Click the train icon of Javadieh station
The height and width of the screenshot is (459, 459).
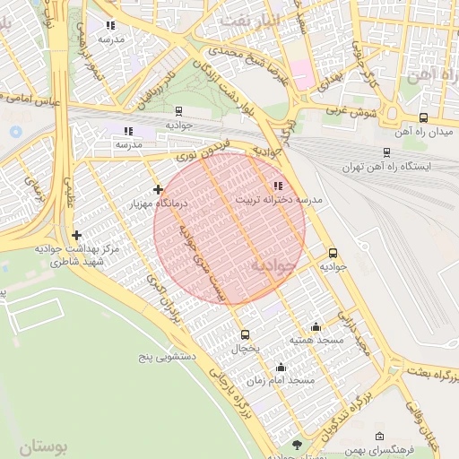pyautogui.click(x=179, y=112)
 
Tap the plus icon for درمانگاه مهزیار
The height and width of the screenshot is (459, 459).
pyautogui.click(x=159, y=189)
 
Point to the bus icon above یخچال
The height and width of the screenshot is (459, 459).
pyautogui.click(x=246, y=333)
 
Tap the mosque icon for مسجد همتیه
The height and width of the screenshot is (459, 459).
pyautogui.click(x=316, y=327)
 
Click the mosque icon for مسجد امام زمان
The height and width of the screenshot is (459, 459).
pyautogui.click(x=281, y=367)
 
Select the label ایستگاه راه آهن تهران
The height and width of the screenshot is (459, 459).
pyautogui.click(x=386, y=167)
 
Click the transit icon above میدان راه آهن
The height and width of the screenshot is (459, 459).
pyautogui.click(x=423, y=117)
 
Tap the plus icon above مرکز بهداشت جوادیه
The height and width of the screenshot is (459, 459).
pyautogui.click(x=77, y=235)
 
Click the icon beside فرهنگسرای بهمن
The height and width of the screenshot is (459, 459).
pyautogui.click(x=380, y=437)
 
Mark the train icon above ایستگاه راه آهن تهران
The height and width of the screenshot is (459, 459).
pyautogui.click(x=386, y=152)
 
